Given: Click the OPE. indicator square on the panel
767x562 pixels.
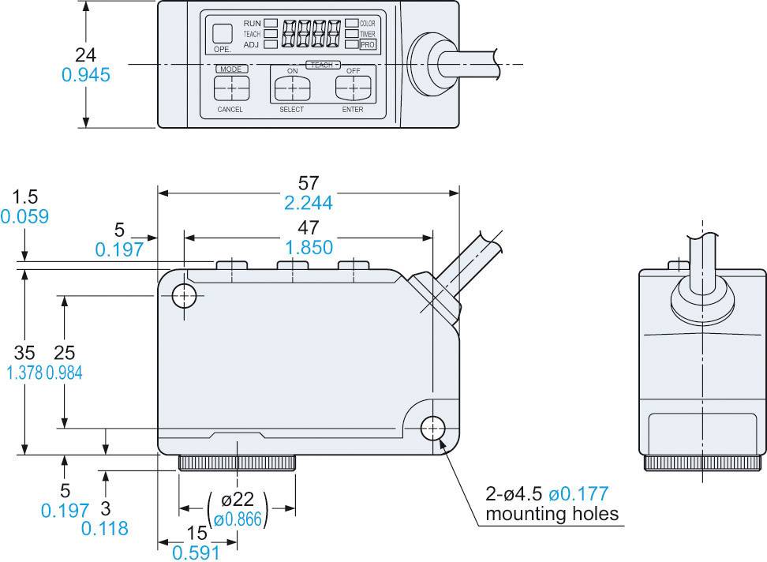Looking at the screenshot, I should click(222, 33).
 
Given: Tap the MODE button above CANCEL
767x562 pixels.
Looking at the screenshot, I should click(230, 87).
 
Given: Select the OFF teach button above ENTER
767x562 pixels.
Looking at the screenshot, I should click(352, 87).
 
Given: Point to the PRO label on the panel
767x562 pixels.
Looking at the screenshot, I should click(368, 45).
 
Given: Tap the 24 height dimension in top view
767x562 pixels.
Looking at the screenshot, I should click(86, 54).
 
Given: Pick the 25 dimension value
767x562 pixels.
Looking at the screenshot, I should click(65, 354).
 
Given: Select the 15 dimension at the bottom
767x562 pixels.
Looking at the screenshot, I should click(197, 533).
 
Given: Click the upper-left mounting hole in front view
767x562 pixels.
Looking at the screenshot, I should click(183, 296).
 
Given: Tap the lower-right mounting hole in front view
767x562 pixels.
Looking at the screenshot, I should click(432, 429).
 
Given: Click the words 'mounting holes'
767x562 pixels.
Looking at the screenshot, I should click(552, 515).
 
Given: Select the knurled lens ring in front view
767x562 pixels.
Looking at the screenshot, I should click(238, 463).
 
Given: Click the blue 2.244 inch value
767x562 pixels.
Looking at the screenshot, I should click(309, 203).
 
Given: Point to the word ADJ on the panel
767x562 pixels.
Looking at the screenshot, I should click(251, 45).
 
